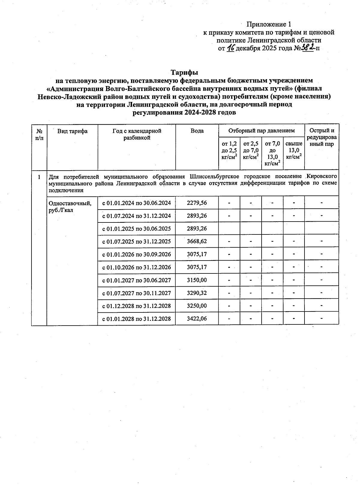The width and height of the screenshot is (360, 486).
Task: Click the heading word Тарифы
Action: click(184, 73)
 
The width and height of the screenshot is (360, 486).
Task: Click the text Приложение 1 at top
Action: click(269, 24)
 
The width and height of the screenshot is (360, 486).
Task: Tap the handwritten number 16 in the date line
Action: click(230, 48)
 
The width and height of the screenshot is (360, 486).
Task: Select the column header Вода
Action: click(197, 131)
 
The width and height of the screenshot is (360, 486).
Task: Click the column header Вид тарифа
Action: click(72, 131)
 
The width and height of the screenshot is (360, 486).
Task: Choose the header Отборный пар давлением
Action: click(261, 131)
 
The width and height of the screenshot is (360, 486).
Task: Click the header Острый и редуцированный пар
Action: click(322, 137)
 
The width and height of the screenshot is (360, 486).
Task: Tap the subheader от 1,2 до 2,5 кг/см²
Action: click(229, 150)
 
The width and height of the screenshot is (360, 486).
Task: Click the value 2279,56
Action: click(197, 203)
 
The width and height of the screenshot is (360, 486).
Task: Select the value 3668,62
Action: click(197, 241)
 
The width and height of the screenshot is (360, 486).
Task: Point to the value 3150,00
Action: click(197, 280)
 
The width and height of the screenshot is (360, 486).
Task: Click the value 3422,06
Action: click(197, 318)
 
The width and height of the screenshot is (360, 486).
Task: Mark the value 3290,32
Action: click(197, 293)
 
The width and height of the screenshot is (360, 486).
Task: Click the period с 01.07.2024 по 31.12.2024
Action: click(136, 216)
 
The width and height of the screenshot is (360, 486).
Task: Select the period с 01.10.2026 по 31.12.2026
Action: click(136, 267)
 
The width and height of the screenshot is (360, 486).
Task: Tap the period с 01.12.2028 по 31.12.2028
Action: click(136, 306)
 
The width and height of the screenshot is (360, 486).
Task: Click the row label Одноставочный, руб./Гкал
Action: click(70, 207)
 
